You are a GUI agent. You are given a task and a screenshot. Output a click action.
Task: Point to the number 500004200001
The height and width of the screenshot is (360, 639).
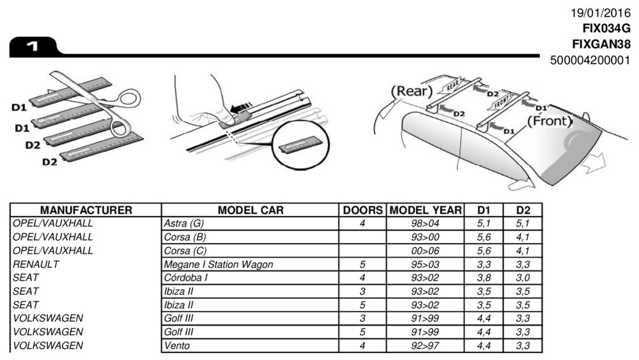[x=590, y=61]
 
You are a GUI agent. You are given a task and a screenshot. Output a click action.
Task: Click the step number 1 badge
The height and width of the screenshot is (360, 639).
[x=32, y=46]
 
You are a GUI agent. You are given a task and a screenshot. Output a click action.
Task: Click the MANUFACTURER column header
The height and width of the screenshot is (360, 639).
[x=86, y=210]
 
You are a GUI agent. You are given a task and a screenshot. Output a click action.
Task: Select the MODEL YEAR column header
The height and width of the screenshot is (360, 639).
[x=425, y=210]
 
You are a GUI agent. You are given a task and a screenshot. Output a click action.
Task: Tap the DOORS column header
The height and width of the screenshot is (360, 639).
[x=362, y=210]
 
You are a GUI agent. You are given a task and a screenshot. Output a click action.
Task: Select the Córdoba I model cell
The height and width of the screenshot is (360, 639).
[x=186, y=278]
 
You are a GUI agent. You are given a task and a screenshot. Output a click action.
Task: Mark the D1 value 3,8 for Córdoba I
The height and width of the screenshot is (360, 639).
[x=484, y=278]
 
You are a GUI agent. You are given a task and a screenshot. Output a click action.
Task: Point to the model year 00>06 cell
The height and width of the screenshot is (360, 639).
[x=425, y=251]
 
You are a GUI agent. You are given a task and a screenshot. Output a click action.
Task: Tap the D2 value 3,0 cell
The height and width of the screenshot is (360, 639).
[x=523, y=278]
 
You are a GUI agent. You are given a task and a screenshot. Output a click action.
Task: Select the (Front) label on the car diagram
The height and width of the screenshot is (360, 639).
[x=550, y=120]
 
